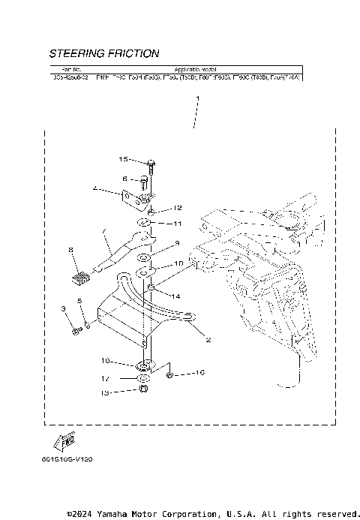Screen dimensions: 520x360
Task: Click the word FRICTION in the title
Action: tap(133, 54)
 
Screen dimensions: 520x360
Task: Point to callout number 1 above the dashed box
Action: tap(197, 98)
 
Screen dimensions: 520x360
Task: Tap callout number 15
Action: tap(124, 159)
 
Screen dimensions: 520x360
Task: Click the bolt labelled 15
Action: tap(151, 164)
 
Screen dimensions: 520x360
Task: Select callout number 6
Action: tap(125, 179)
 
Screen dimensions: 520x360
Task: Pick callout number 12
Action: tap(177, 208)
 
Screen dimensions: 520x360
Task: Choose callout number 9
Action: tap(177, 243)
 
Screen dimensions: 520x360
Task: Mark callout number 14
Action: tap(177, 296)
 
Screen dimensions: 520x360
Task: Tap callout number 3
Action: tap(64, 309)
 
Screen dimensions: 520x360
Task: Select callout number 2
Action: tap(208, 340)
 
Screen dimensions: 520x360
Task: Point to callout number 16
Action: tap(200, 372)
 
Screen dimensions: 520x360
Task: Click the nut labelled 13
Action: tap(144, 390)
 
